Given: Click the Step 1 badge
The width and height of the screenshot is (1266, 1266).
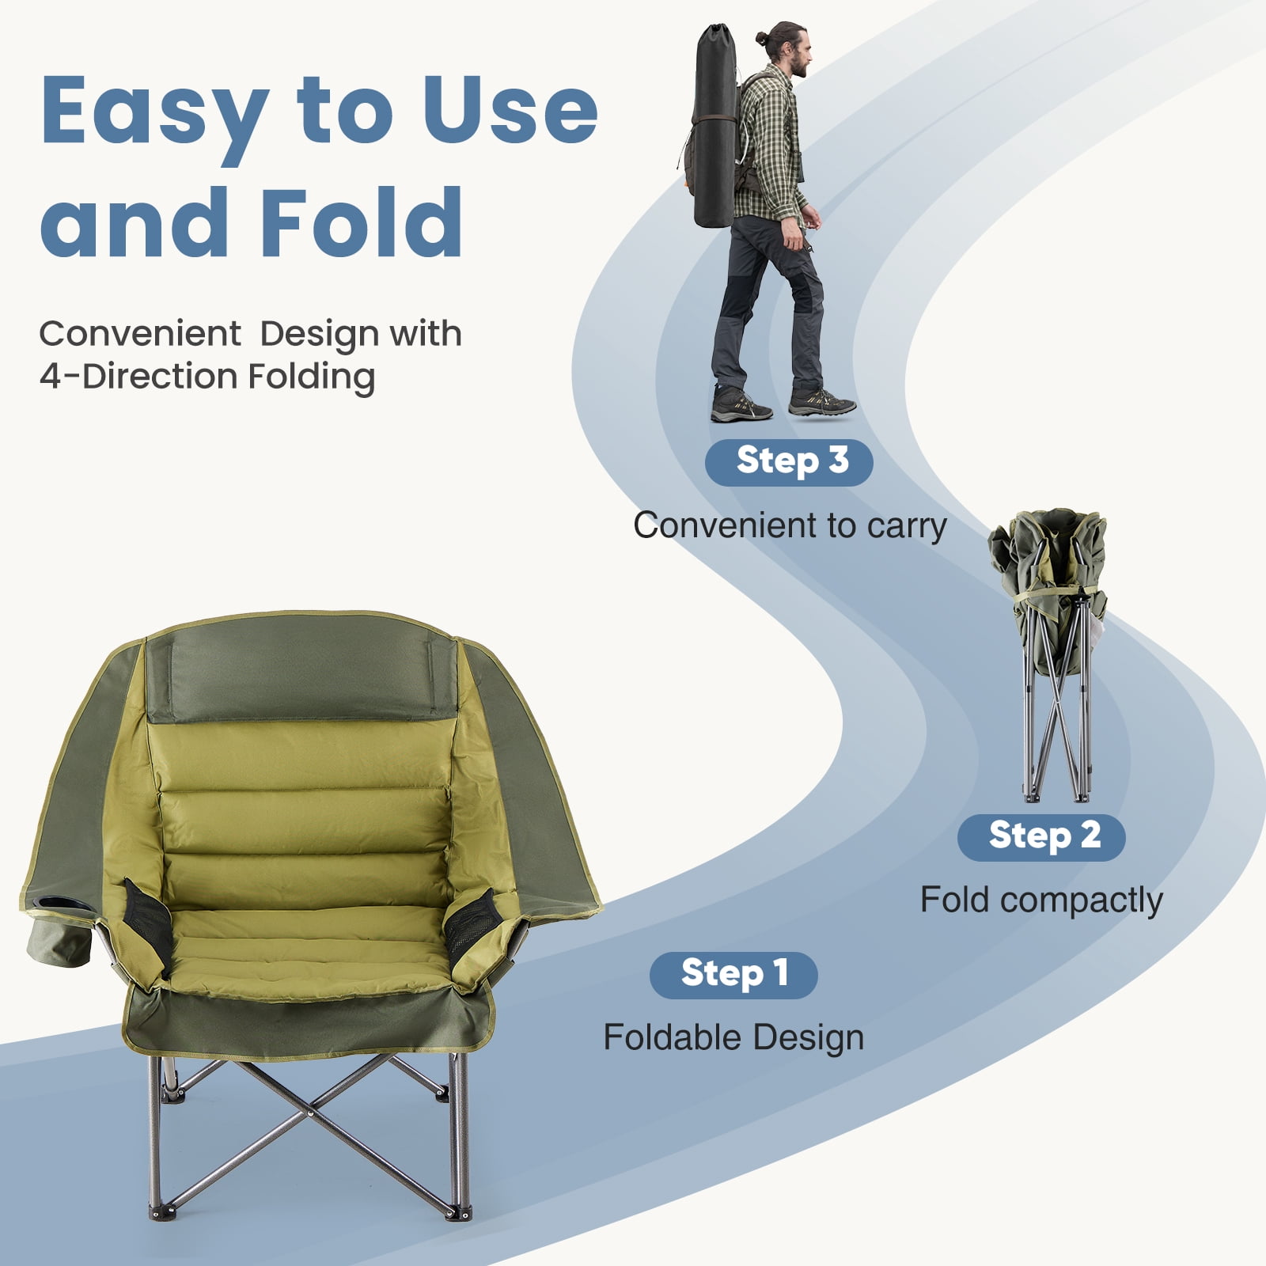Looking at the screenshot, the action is [x=733, y=975].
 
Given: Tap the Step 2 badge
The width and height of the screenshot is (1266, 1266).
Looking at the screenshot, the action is [x=1041, y=837].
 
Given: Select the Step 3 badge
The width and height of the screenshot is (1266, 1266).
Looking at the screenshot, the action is [x=789, y=462].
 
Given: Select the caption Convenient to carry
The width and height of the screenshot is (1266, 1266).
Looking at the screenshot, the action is [x=790, y=525].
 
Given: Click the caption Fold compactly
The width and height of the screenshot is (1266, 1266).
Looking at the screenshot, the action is [x=1041, y=900].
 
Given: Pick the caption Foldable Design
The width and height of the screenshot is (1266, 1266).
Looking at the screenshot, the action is [x=733, y=1037].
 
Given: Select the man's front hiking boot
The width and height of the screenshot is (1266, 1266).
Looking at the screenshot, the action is [x=822, y=402].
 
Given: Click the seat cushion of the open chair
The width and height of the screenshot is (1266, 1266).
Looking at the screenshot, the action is [x=309, y=946].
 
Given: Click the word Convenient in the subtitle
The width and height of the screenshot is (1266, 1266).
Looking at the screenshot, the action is [x=140, y=333].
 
